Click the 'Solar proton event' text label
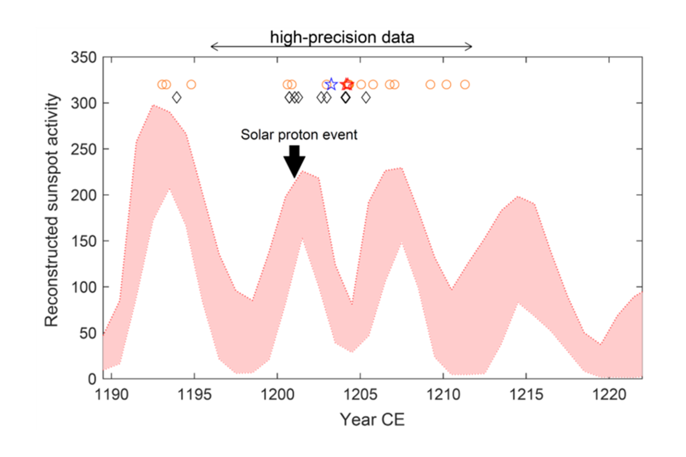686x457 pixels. (299, 135)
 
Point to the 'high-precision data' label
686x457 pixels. (342, 38)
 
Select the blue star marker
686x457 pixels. (331, 85)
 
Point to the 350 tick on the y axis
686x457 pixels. (83, 58)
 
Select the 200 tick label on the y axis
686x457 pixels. (83, 195)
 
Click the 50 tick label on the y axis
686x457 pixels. (87, 333)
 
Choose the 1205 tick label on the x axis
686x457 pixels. (360, 394)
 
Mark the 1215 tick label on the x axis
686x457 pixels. (525, 394)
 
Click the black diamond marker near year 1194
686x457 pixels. (177, 98)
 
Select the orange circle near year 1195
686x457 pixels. (192, 85)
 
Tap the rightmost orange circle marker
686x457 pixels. (465, 85)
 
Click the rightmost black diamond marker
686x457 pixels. (366, 98)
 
